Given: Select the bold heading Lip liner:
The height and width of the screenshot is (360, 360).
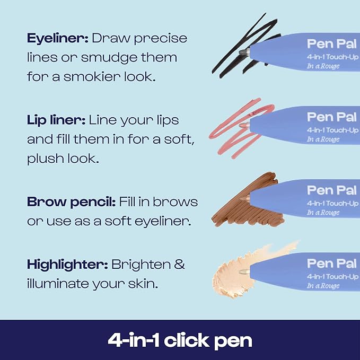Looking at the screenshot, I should [55, 120].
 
